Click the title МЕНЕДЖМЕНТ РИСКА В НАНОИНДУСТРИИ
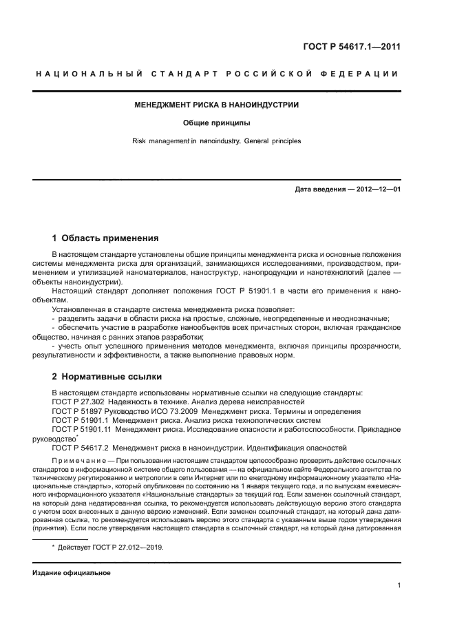pos(216,106)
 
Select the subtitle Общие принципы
pos(216,124)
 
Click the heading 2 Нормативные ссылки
pos(107,377)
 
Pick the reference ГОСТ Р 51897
pos(77,411)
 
